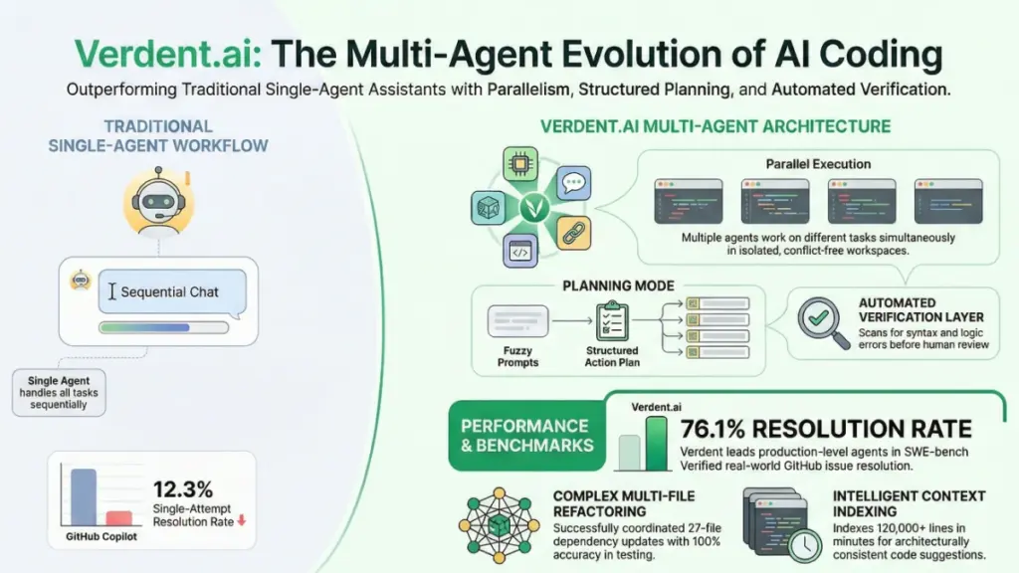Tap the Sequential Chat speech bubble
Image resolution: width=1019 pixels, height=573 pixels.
click(170, 292)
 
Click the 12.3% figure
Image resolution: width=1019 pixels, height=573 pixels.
click(183, 488)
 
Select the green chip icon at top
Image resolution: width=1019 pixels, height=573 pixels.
click(519, 163)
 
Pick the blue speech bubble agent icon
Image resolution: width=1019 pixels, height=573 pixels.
click(572, 183)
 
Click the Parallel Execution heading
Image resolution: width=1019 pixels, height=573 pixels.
click(818, 163)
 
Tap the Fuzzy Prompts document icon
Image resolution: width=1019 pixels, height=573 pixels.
click(519, 321)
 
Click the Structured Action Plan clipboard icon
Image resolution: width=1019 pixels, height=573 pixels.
click(612, 320)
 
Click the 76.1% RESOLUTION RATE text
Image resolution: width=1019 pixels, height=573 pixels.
click(825, 429)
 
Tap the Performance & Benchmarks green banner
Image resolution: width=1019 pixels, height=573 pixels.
click(525, 436)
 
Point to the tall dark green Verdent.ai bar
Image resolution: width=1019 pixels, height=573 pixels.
click(657, 443)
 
